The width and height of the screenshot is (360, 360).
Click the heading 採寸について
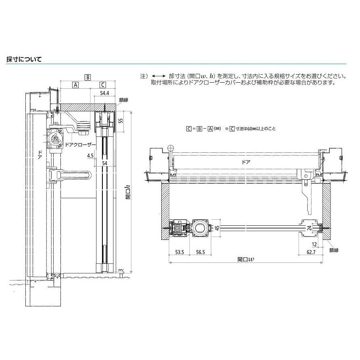point(24,59)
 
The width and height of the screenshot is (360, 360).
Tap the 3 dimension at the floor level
point(121,270)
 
